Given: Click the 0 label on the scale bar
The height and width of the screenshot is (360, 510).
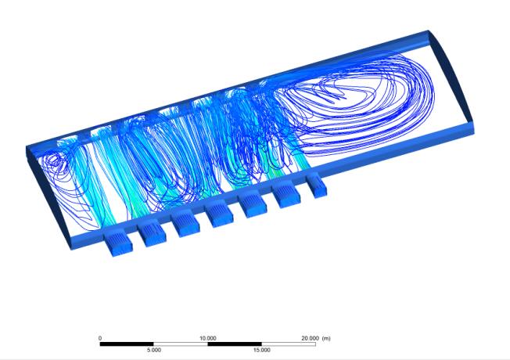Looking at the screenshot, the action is pyautogui.click(x=100, y=338).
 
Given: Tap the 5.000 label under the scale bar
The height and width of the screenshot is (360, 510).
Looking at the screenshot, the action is pyautogui.click(x=154, y=350).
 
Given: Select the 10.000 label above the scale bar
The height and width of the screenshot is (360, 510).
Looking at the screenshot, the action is pyautogui.click(x=207, y=338).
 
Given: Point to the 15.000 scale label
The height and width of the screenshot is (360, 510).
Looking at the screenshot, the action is pyautogui.click(x=262, y=350).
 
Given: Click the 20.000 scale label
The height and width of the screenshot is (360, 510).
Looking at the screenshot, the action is pyautogui.click(x=310, y=338).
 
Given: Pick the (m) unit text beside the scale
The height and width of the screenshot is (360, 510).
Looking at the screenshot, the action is pyautogui.click(x=326, y=338).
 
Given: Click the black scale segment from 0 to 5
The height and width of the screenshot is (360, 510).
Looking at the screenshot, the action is pyautogui.click(x=127, y=344).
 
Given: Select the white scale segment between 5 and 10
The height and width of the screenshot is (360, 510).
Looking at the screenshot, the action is pyautogui.click(x=181, y=344).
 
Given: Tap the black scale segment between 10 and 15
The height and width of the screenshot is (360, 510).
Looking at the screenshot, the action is pyautogui.click(x=235, y=344).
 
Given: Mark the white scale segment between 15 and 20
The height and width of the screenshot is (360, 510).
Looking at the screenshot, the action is pyautogui.click(x=289, y=344).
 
